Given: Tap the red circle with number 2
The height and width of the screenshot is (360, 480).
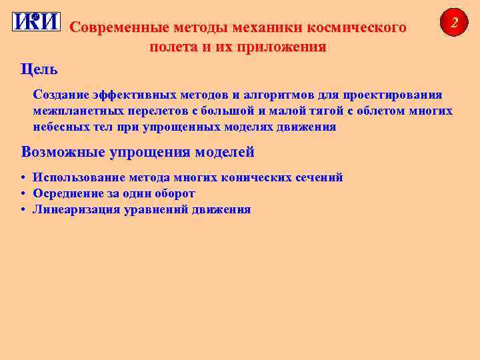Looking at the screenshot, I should tap(454, 23).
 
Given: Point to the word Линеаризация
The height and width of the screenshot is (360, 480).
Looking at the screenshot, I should tap(71, 209).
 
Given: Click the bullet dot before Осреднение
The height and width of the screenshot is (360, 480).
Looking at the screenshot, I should tap(23, 193).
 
